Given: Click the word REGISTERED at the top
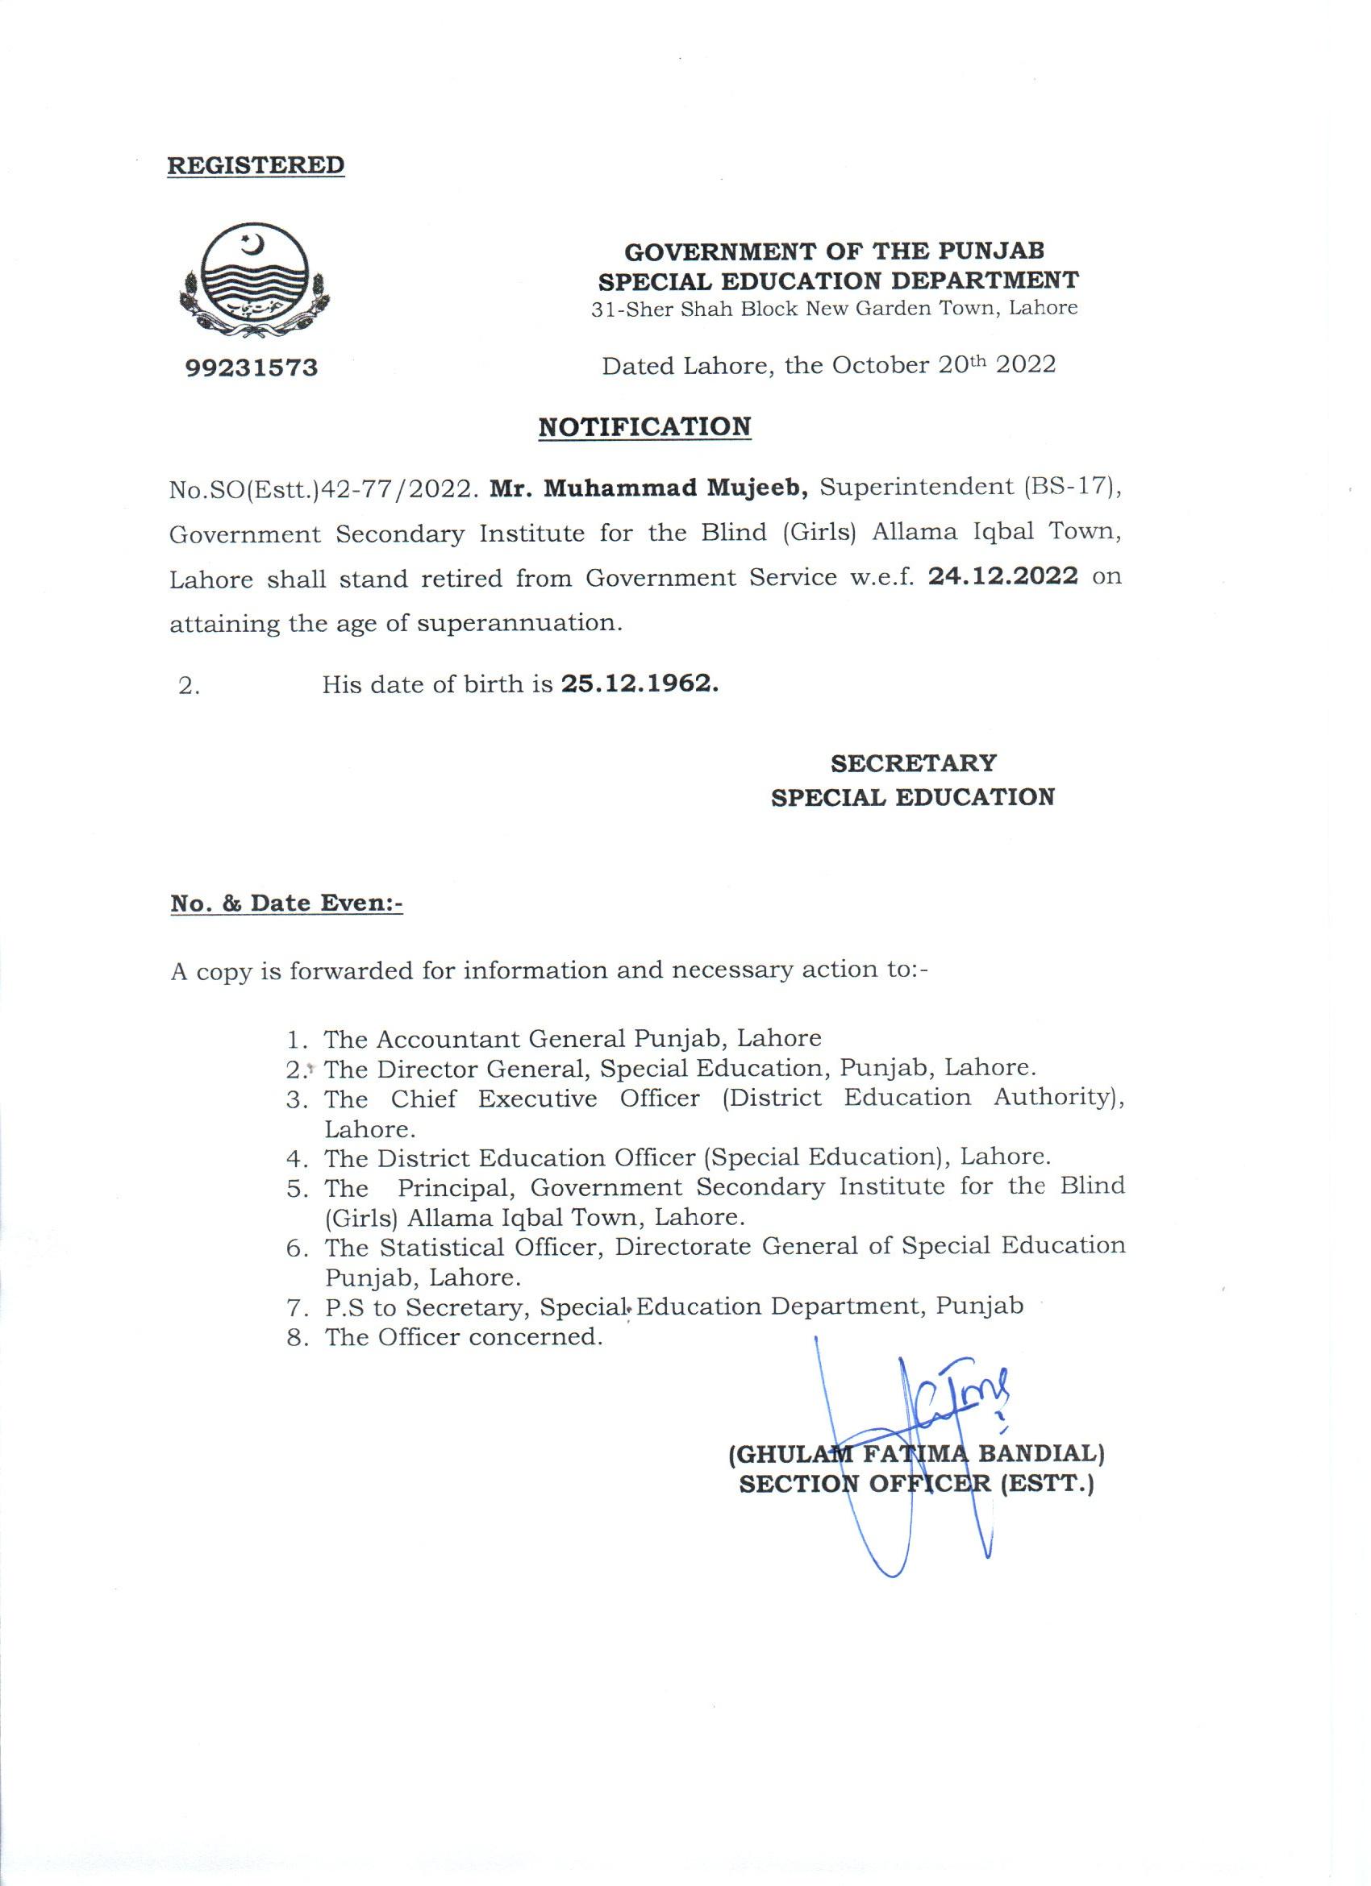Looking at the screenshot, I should click(256, 164).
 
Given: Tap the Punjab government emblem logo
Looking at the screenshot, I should click(254, 283).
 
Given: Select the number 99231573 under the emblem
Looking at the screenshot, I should click(252, 368).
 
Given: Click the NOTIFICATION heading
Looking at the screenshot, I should click(644, 426).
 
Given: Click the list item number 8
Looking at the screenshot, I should click(297, 1338).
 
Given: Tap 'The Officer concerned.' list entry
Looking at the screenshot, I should click(463, 1337).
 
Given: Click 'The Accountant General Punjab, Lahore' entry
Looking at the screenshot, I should click(573, 1039).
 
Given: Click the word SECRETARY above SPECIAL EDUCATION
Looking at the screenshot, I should click(913, 762).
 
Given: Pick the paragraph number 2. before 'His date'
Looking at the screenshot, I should click(188, 687).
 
